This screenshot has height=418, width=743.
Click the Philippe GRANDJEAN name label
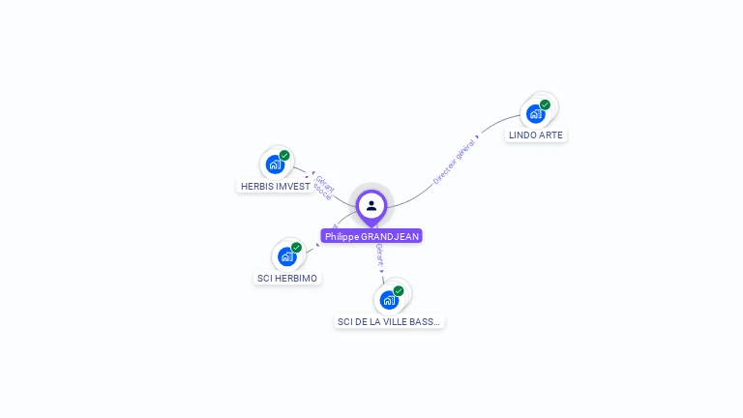tap(371, 236)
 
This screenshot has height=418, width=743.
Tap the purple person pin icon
tap(371, 205)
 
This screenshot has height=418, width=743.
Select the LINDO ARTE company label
tap(535, 134)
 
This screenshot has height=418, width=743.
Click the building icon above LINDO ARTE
tap(535, 114)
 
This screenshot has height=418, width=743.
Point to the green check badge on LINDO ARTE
tap(545, 104)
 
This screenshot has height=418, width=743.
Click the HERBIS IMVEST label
tap(275, 186)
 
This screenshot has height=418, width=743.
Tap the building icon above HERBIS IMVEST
tap(275, 164)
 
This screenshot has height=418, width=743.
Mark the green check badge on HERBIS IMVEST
tap(284, 155)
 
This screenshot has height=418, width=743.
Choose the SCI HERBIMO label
tap(286, 278)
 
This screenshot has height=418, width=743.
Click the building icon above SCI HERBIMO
tap(286, 256)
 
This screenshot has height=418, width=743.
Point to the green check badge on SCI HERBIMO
tap(296, 247)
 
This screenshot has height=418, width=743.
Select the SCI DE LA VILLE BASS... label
tap(388, 321)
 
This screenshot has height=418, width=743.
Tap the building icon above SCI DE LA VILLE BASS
tap(389, 300)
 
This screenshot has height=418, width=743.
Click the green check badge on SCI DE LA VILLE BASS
tap(399, 290)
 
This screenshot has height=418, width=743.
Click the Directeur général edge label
tap(453, 162)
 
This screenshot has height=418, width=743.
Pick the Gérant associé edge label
tap(324, 188)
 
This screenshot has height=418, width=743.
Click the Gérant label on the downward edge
tap(380, 254)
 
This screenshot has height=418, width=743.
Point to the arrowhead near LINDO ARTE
tap(478, 136)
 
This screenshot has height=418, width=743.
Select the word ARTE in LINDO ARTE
tap(549, 134)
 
